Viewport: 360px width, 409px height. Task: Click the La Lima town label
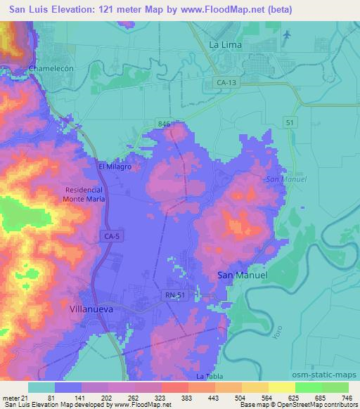click(x=226, y=44)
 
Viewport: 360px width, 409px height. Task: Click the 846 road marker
click(x=165, y=124)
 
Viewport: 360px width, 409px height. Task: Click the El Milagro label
click(x=114, y=167)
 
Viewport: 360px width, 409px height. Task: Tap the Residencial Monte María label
click(x=84, y=195)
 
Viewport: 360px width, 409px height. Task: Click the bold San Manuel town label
click(x=242, y=275)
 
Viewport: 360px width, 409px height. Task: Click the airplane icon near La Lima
click(x=285, y=33)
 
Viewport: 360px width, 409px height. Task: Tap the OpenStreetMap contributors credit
click(x=314, y=405)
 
